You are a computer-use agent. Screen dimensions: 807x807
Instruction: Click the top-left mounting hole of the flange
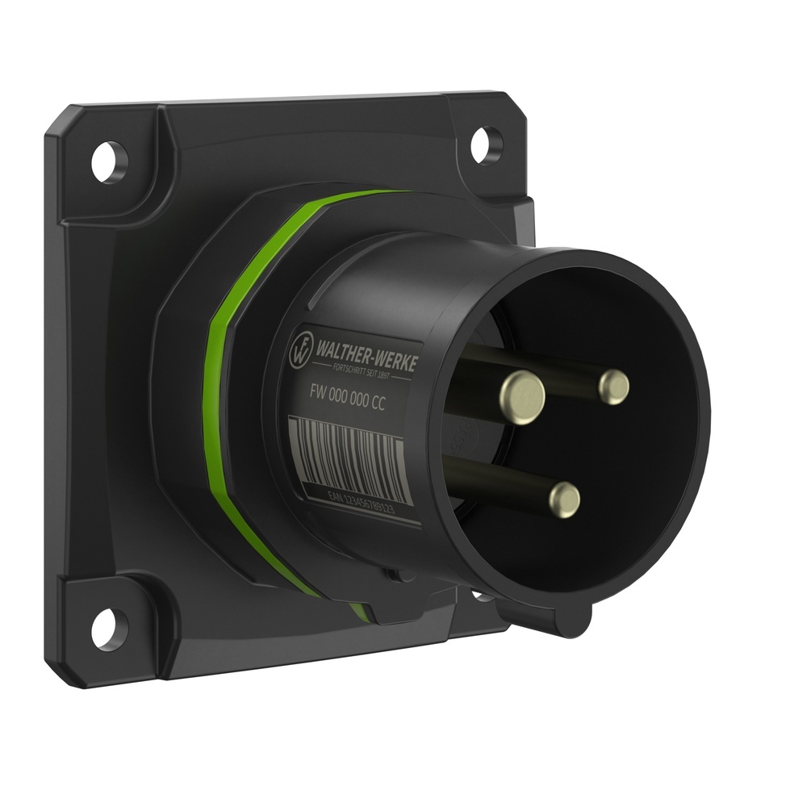pyautogui.click(x=109, y=161)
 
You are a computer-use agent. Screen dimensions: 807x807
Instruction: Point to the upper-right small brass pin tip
pyautogui.click(x=614, y=387)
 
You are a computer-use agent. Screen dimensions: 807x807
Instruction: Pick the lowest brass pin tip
pyautogui.click(x=565, y=500)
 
